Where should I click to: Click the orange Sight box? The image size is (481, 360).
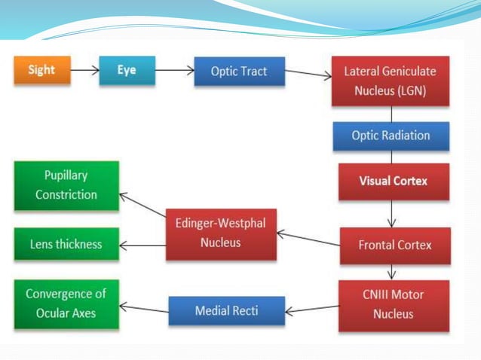click(x=41, y=70)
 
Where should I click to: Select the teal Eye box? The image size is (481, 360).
click(x=127, y=71)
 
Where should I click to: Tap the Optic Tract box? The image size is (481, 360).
click(x=239, y=72)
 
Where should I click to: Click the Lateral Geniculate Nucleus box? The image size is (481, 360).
click(x=391, y=81)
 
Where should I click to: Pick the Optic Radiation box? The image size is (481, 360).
click(x=391, y=136)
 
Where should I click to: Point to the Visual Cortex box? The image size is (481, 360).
click(x=393, y=182)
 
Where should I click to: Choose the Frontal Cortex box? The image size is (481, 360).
click(x=395, y=246)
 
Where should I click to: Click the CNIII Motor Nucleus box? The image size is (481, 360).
click(x=394, y=305)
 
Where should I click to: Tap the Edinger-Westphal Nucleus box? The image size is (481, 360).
click(x=221, y=233)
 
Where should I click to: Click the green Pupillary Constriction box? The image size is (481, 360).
click(x=66, y=185)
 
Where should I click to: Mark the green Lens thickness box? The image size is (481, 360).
click(x=66, y=244)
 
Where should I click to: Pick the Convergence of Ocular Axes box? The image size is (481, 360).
click(x=66, y=303)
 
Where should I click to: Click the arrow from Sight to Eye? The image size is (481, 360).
click(x=83, y=71)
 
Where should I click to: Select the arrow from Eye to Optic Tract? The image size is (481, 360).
click(x=174, y=71)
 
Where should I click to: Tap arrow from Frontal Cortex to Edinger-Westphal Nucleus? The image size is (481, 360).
click(x=308, y=239)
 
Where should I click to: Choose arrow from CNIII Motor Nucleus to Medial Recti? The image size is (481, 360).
click(x=312, y=308)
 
